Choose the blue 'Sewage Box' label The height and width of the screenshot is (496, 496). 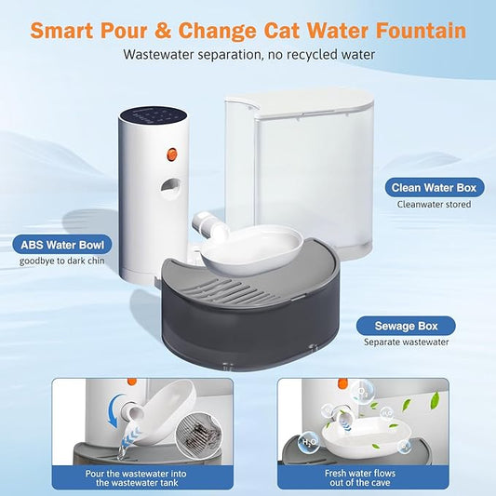[406, 325]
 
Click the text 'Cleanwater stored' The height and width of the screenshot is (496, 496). [435, 204]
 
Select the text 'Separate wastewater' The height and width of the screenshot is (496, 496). [406, 342]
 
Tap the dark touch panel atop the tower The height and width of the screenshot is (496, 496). [153, 117]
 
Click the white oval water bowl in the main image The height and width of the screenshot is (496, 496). [252, 248]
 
